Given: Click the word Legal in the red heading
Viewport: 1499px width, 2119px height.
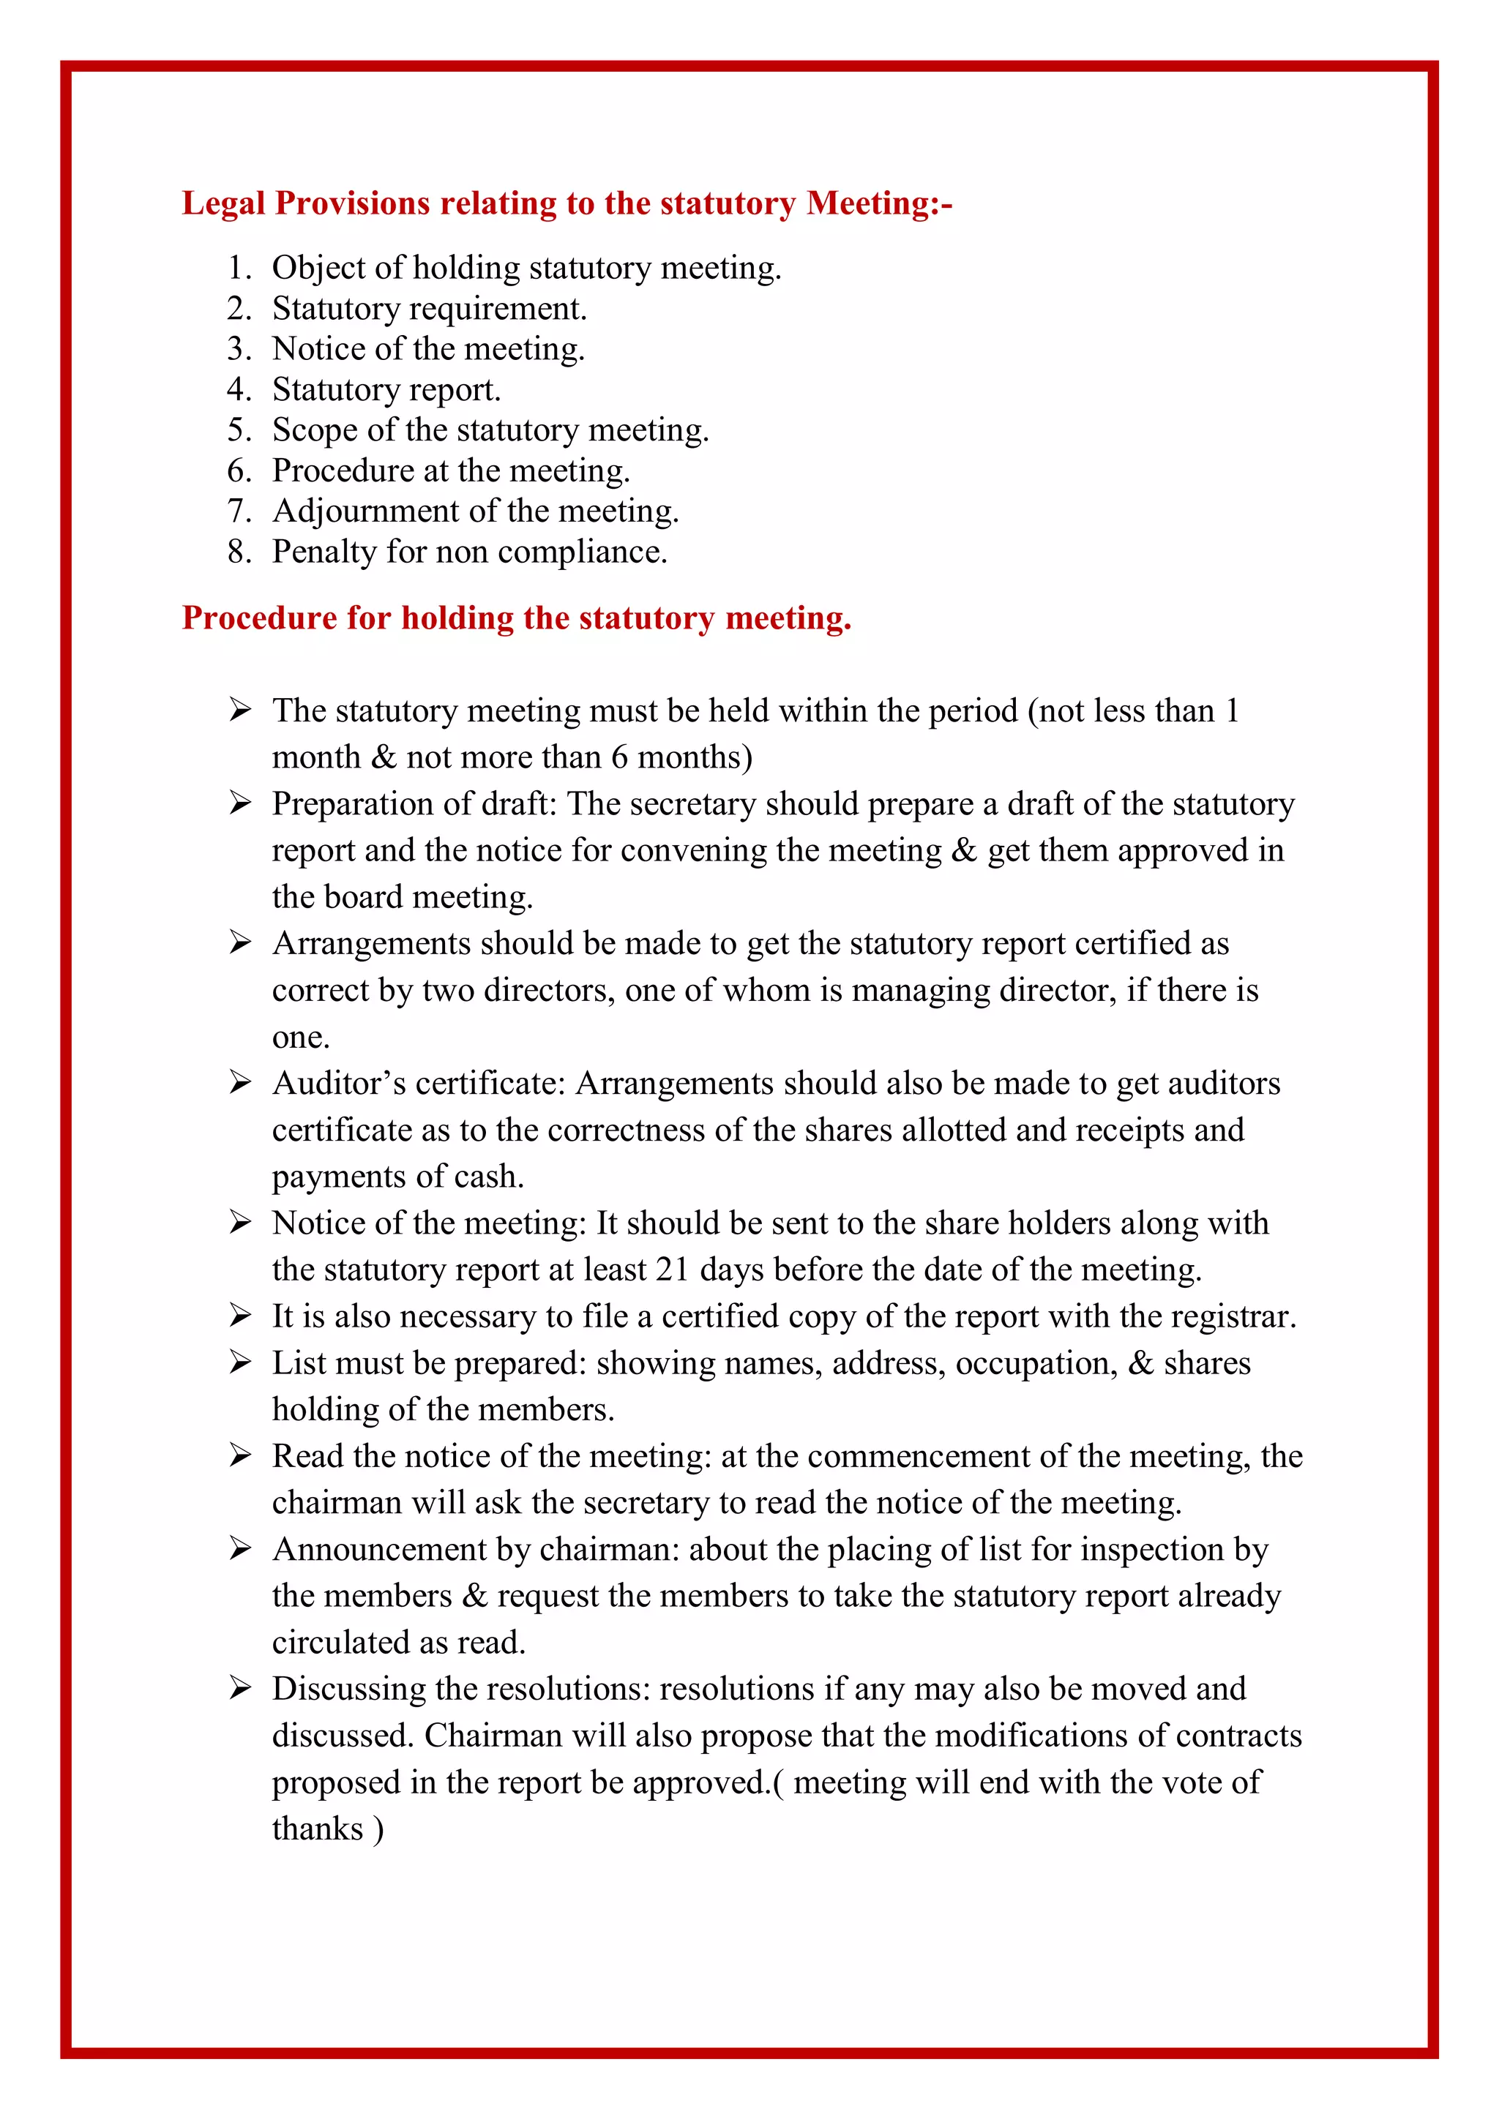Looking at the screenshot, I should click(223, 203).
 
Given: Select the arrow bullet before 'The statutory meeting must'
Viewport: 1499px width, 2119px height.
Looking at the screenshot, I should click(240, 710).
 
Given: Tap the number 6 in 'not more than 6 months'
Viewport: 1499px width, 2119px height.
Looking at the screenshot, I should click(618, 757).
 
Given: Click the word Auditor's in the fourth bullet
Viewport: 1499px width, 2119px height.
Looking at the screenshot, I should click(339, 1083).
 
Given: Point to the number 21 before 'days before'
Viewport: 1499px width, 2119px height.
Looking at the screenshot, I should click(672, 1270).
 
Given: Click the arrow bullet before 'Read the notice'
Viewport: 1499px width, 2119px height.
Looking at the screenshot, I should click(240, 1455).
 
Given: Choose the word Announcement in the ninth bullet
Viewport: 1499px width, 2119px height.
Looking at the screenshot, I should click(378, 1549).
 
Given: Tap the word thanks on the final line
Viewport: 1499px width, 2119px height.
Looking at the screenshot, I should click(318, 1829).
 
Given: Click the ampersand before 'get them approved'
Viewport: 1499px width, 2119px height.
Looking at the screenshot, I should click(964, 850).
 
